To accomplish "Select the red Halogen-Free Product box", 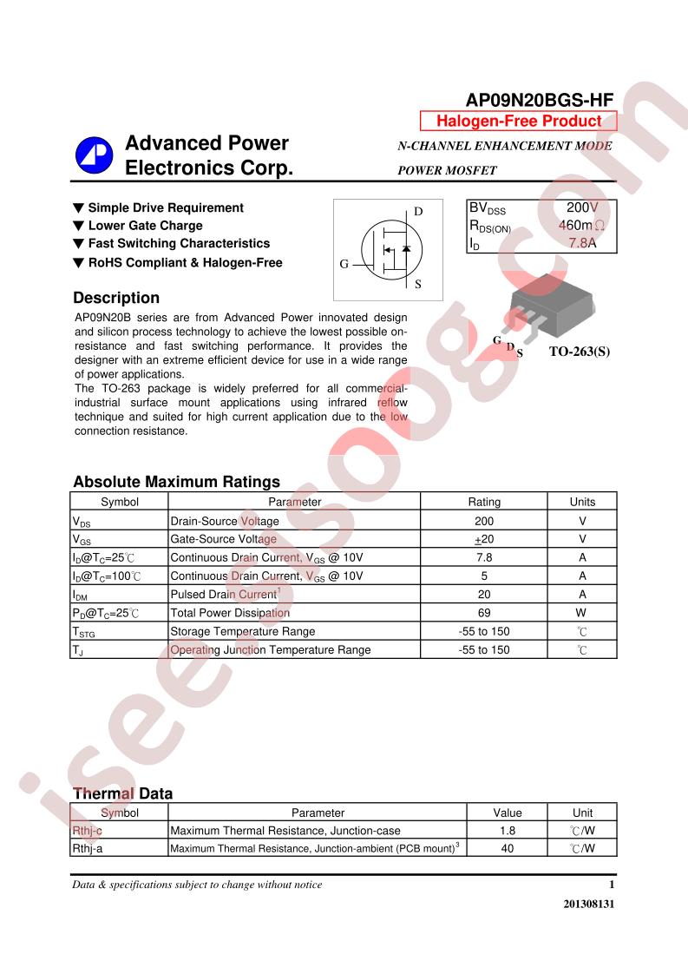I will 518,122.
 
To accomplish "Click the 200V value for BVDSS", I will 581,208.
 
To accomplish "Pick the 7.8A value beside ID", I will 582,243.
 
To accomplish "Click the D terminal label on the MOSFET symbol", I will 417,212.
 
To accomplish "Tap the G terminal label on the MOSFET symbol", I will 344,264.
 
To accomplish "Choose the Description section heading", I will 116,298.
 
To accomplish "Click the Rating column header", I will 484,502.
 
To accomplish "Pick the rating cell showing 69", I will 484,613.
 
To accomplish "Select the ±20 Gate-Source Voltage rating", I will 484,539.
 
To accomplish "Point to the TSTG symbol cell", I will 84,632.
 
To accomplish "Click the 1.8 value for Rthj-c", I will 508,831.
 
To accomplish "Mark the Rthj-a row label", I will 88,849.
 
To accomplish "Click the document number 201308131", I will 589,904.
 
